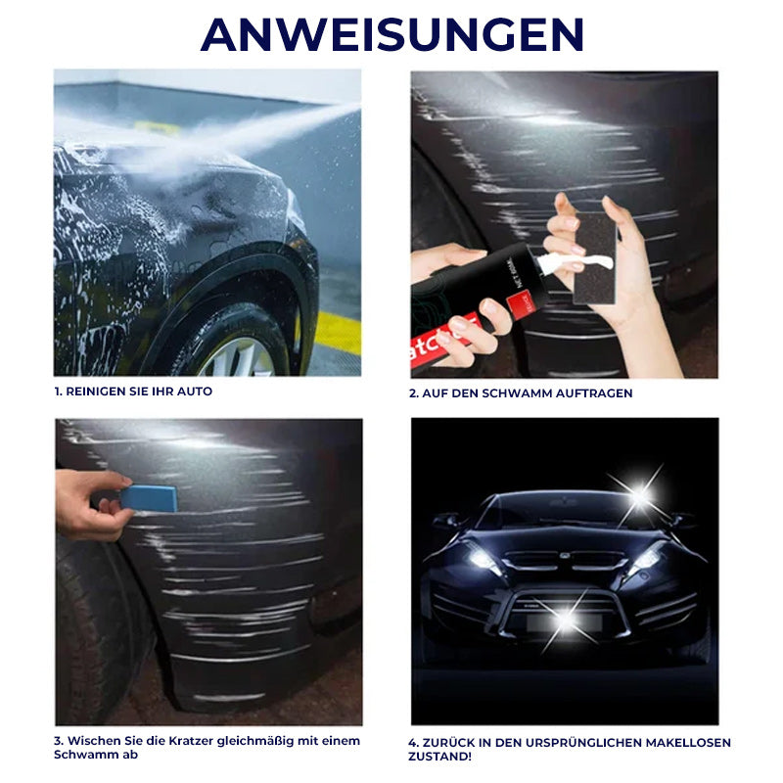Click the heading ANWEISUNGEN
391,34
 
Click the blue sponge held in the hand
148,498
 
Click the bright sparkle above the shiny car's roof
639,495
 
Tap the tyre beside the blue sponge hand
93,626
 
